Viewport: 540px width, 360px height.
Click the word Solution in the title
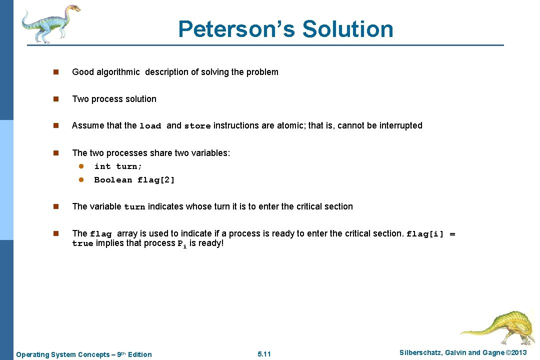[x=347, y=29]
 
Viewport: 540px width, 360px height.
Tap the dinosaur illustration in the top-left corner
[x=49, y=23]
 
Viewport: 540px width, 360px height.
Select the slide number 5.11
[x=264, y=354]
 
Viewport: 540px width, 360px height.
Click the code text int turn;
[x=118, y=166]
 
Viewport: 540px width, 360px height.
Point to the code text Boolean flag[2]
[x=134, y=180]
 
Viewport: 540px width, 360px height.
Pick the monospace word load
[x=150, y=126]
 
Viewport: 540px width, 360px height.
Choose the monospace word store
[x=197, y=126]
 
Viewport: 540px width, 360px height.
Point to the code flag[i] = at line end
[x=431, y=233]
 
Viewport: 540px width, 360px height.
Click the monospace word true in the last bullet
[x=82, y=243]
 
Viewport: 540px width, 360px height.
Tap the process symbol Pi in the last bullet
[x=182, y=244]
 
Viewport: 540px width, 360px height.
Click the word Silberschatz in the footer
[x=420, y=353]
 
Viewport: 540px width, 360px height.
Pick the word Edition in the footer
[x=140, y=354]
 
